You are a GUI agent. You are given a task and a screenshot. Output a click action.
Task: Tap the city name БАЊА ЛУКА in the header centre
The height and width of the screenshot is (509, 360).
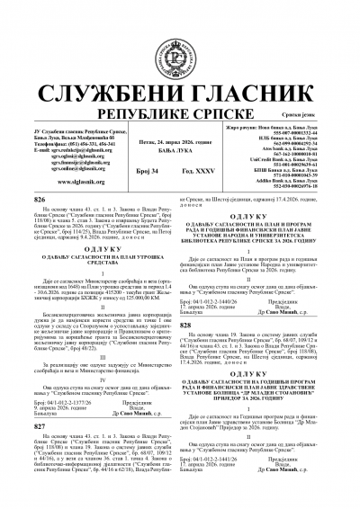pyautogui.click(x=179, y=125)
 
